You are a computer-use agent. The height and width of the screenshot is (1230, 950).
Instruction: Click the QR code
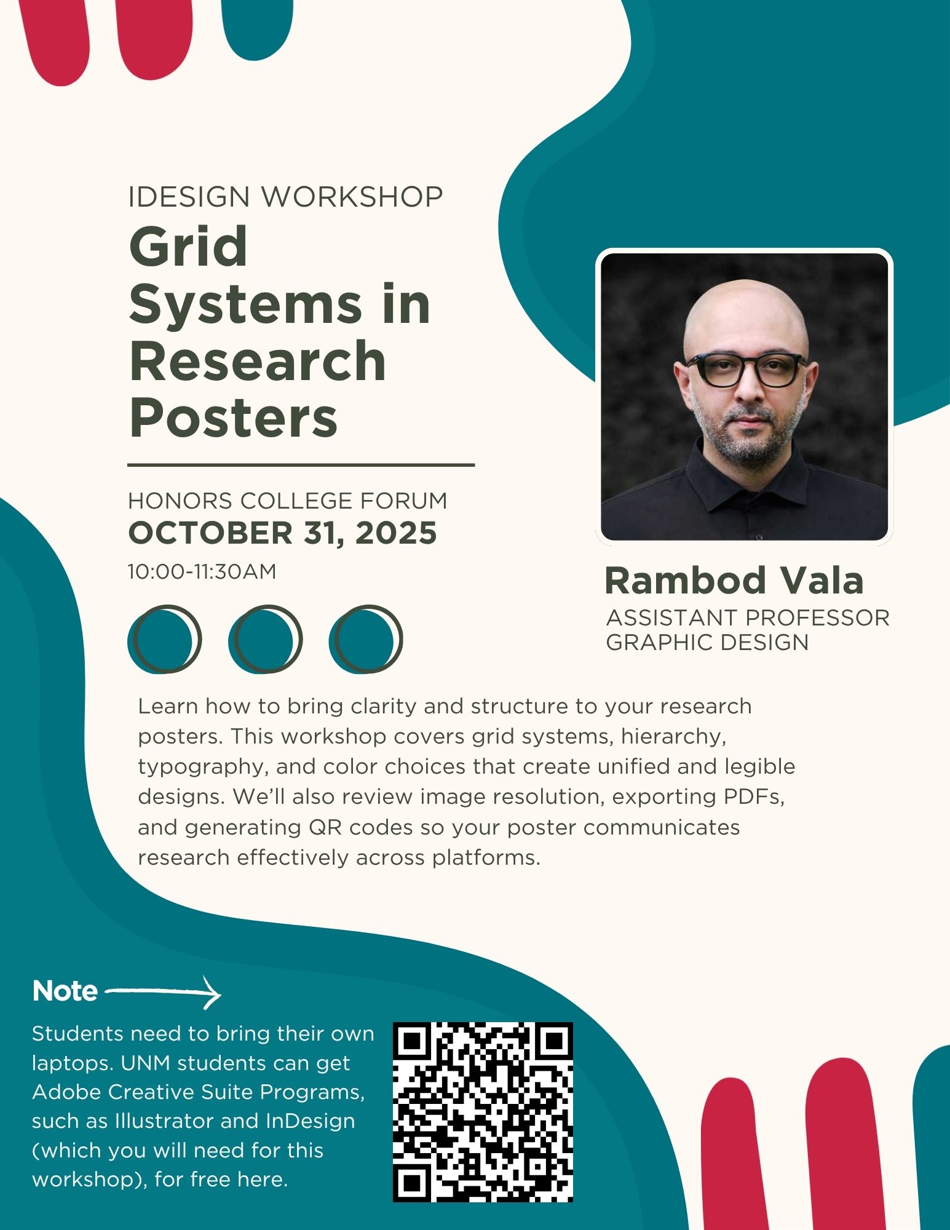pos(483,1112)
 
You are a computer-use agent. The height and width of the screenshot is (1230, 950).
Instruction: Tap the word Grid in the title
pos(188,247)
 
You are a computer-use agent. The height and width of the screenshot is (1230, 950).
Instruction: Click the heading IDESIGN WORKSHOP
pos(285,197)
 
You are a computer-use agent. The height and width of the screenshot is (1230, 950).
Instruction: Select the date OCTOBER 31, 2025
pos(282,533)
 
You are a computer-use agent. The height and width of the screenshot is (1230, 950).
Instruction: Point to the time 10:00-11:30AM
pos(202,571)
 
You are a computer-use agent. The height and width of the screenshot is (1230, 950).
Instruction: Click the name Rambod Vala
pos(734,581)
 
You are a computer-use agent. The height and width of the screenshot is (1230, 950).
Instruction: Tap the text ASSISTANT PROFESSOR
pos(748,617)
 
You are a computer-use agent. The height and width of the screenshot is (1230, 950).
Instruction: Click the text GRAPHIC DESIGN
pos(707,642)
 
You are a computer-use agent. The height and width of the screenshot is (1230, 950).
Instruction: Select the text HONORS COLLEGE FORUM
pos(287,501)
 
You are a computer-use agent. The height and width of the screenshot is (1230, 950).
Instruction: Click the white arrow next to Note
pos(164,992)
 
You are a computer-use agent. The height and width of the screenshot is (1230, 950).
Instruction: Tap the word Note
pos(65,991)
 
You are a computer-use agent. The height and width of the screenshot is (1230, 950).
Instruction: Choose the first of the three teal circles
pos(164,640)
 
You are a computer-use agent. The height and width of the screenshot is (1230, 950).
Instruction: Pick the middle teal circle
pos(265,640)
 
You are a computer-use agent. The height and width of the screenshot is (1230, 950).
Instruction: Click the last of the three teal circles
pos(366,640)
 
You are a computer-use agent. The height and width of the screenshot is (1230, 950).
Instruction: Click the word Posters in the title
pos(234,418)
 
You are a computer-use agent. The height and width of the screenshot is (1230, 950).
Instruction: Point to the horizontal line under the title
pos(301,465)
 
